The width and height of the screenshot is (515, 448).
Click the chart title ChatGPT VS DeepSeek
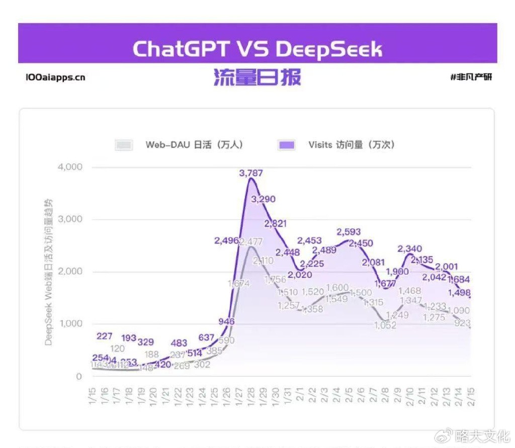257,49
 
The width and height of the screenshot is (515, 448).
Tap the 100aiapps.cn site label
55,78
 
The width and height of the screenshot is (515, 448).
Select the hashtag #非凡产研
471,78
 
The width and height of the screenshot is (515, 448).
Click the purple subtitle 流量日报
257,78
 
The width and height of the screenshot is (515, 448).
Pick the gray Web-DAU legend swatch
124,145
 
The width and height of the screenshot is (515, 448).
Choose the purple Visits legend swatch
286,145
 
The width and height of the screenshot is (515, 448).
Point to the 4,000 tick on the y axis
70,167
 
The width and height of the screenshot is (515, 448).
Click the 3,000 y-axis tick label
70,219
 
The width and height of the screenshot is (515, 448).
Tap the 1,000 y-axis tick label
70,324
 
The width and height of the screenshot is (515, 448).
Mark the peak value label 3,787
251,173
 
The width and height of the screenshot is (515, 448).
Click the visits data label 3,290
263,199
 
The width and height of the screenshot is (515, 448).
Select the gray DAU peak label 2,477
251,242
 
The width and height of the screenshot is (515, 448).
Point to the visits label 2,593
349,232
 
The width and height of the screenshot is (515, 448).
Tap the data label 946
226,321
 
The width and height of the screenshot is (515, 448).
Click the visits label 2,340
409,249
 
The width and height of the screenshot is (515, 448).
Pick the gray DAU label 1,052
385,325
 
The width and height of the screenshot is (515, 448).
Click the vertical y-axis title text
49,272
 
